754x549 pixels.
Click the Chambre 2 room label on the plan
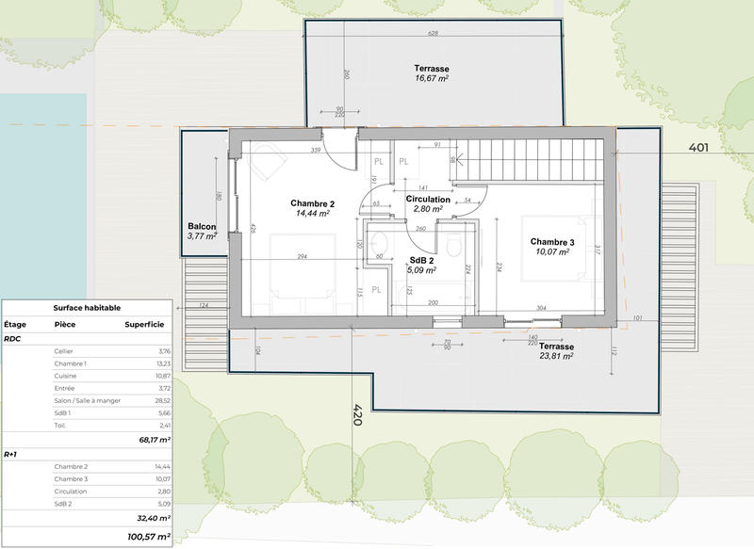(312, 203)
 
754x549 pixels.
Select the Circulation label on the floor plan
(428, 200)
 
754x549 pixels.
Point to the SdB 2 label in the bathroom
(420, 260)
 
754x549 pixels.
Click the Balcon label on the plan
(203, 227)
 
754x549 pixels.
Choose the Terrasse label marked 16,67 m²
(431, 70)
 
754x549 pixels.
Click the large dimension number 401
(698, 147)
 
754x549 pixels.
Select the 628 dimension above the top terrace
(434, 33)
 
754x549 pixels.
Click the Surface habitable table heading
(87, 307)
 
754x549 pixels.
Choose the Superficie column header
(144, 323)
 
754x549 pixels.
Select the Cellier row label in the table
(65, 350)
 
